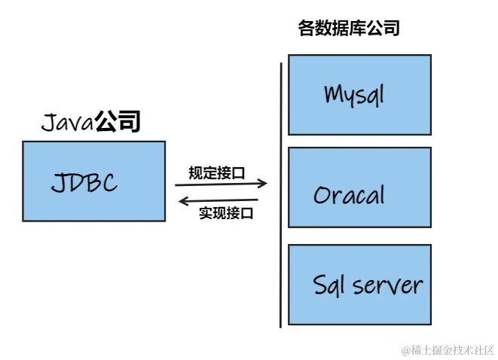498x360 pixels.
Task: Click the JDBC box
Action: click(93, 181)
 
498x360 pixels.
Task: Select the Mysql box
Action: click(359, 94)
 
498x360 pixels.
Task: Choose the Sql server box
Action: click(359, 284)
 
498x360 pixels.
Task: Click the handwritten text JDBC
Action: click(84, 182)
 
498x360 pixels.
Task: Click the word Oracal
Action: click(349, 195)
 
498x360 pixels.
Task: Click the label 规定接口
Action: click(217, 172)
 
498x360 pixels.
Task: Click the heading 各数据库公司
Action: click(349, 29)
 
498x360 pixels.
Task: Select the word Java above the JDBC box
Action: click(67, 122)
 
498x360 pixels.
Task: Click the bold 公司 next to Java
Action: click(118, 121)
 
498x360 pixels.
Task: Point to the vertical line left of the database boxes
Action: click(281, 196)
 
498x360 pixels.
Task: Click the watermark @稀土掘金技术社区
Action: click(448, 349)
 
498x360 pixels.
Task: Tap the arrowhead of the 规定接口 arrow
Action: click(264, 183)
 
